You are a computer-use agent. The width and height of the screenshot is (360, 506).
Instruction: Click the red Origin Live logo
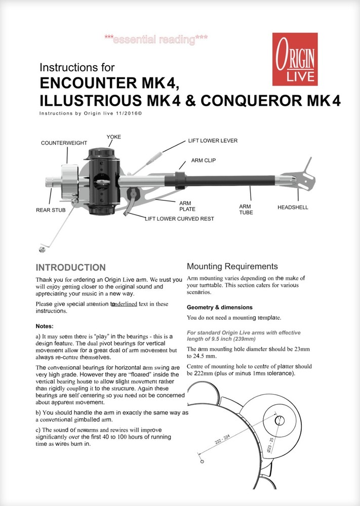pos(295,59)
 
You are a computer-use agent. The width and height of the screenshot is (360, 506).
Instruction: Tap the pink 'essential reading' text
pos(156,39)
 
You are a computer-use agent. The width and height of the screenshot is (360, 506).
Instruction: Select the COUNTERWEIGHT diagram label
pos(64,143)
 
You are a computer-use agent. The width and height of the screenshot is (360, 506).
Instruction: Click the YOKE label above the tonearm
pos(113,137)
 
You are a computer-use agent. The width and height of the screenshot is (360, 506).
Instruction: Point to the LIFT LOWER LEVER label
pos(213,140)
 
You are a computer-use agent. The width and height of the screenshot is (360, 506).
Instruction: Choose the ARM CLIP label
pos(204,160)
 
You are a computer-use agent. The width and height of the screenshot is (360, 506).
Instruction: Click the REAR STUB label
pos(51,209)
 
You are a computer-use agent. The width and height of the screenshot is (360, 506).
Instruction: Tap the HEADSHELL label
pos(293,207)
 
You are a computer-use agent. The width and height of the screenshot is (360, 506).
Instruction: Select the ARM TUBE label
pos(246,209)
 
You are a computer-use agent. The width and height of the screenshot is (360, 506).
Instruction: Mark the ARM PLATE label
pos(187,206)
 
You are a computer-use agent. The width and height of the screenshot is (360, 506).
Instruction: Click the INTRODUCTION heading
pos(70,268)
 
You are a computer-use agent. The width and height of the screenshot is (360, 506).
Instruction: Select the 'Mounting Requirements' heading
pos(232,266)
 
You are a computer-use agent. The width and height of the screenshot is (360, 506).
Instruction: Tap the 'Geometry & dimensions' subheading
pos(219,307)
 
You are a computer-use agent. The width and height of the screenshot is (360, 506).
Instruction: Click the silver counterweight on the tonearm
pos(66,180)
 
